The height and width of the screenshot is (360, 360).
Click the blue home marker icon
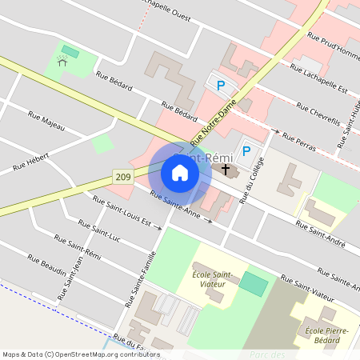(x=180, y=173)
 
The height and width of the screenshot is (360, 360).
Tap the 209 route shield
(x=122, y=176)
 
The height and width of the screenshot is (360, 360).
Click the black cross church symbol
(x=226, y=170)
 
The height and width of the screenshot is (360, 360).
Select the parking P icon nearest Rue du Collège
(x=246, y=150)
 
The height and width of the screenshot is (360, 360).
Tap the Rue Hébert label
(x=31, y=162)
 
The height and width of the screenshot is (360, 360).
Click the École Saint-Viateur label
(x=211, y=279)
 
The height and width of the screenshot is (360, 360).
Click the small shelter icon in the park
(x=62, y=62)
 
